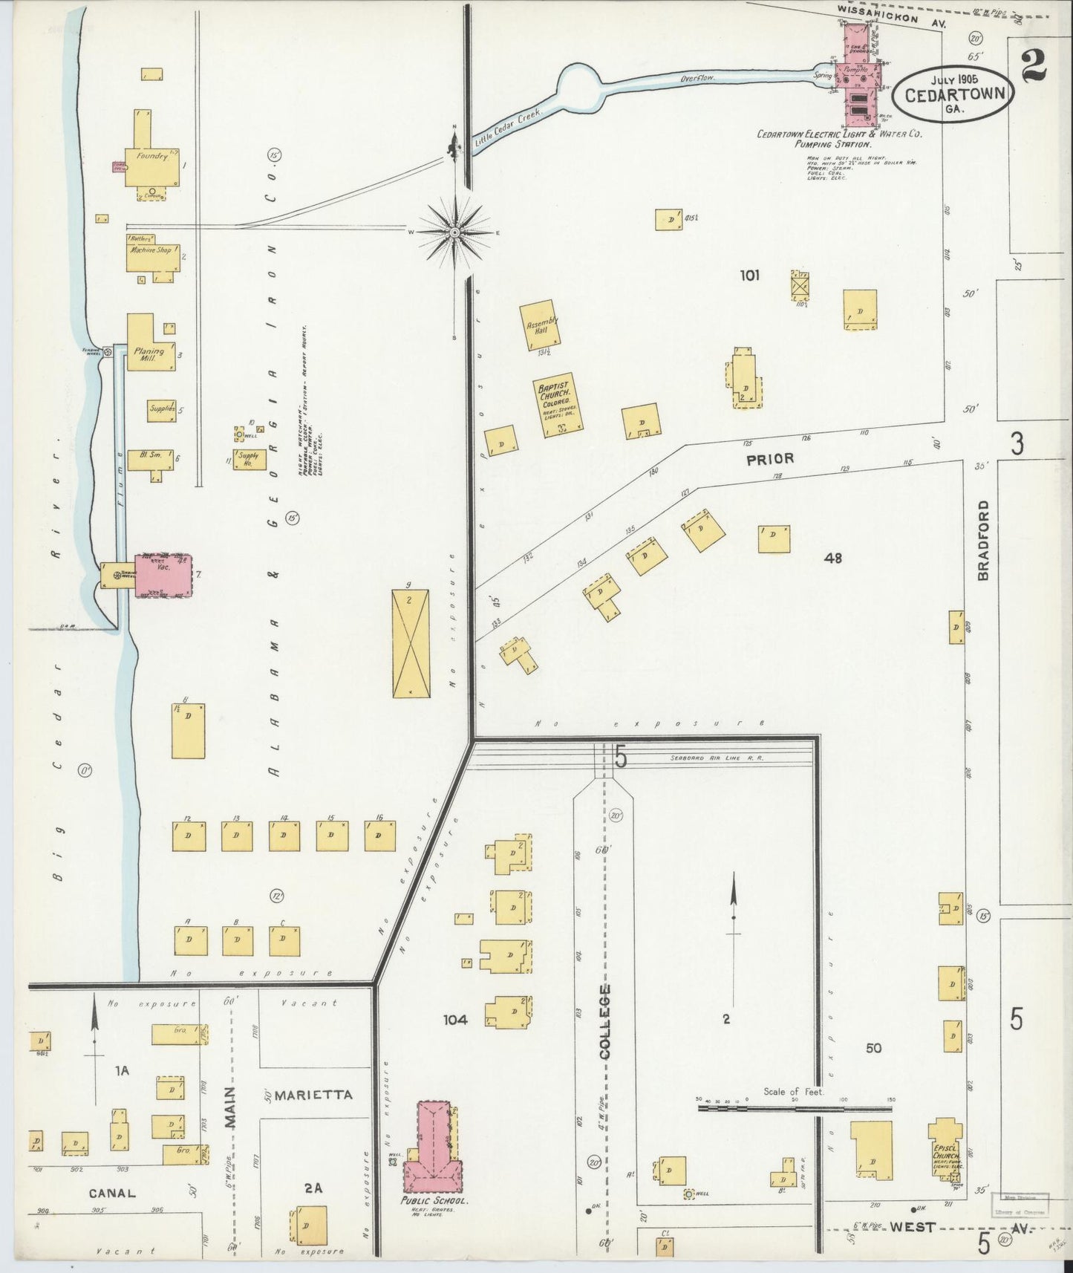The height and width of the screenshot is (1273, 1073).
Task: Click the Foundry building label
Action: click(x=148, y=157)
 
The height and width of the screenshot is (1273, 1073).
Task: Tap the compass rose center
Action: click(x=454, y=232)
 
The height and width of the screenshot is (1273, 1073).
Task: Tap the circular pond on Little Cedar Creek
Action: click(x=582, y=86)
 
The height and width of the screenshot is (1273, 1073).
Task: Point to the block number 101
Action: click(x=749, y=276)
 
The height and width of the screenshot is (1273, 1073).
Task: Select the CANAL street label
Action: click(x=112, y=1193)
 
